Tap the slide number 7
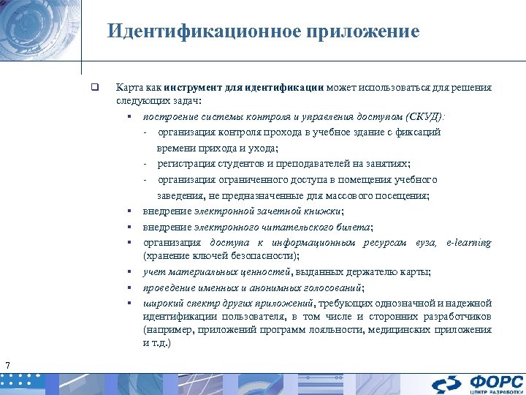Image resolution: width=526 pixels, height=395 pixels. [x=7, y=365]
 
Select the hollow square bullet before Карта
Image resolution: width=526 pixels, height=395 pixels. [x=94, y=87]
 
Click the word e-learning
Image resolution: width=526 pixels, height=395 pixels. [x=468, y=242]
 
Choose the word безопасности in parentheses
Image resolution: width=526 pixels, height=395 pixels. [x=253, y=256]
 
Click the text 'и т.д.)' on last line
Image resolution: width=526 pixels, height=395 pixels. [x=157, y=342]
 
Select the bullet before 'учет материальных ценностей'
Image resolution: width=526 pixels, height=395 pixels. [x=127, y=272]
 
